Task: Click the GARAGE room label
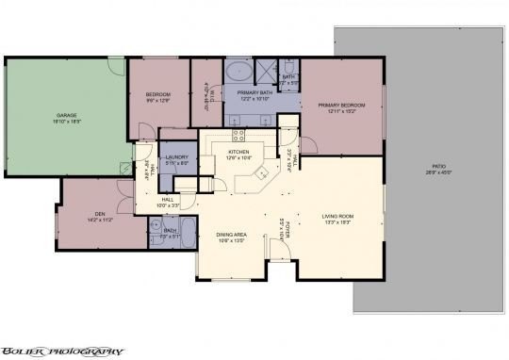[65, 115]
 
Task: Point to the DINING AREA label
[231, 234]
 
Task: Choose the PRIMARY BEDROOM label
[340, 105]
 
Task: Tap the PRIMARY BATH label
[254, 92]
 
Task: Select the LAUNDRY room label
[176, 157]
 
